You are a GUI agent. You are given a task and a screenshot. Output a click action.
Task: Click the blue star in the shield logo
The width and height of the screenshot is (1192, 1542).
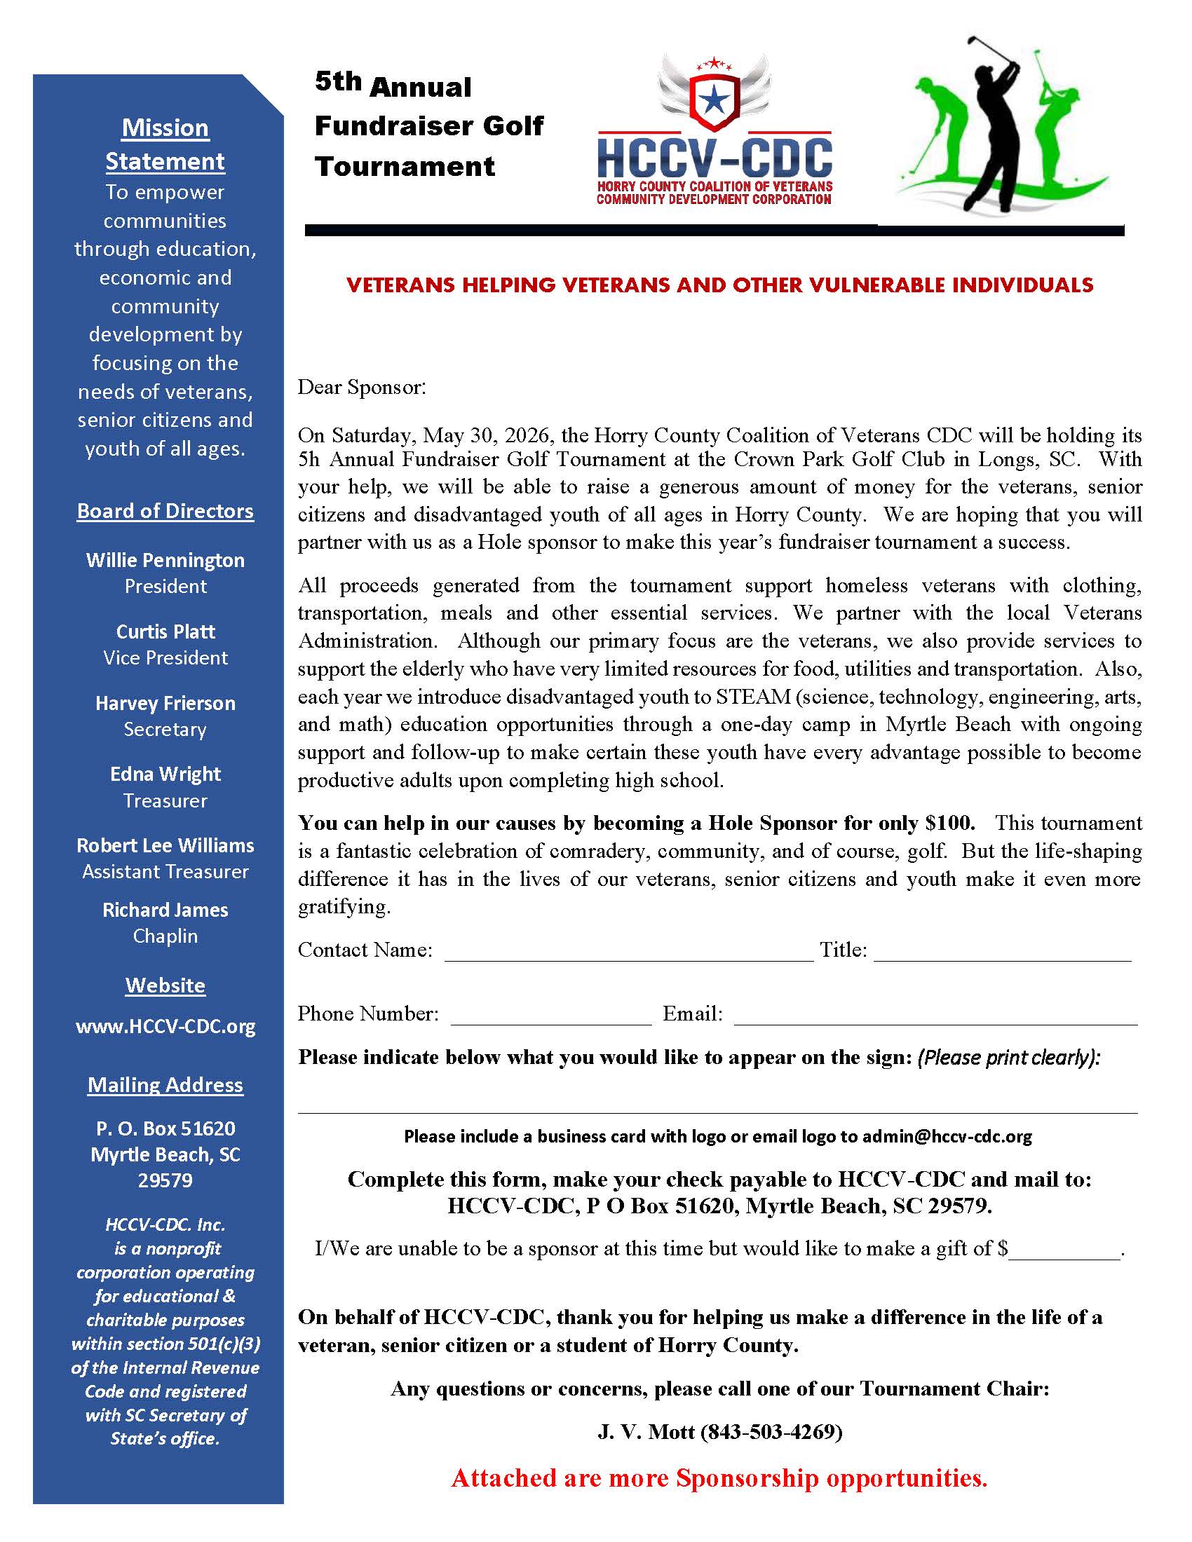[714, 100]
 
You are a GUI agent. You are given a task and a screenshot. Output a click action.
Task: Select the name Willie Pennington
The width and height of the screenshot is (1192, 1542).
[165, 560]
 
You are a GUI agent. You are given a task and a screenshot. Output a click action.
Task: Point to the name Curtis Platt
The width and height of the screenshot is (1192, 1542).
[165, 632]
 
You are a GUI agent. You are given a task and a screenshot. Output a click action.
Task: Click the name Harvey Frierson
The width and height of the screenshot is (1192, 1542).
[165, 703]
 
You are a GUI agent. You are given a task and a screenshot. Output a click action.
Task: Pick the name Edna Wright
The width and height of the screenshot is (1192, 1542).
[165, 774]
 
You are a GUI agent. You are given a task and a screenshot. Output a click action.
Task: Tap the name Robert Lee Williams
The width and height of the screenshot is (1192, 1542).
[165, 845]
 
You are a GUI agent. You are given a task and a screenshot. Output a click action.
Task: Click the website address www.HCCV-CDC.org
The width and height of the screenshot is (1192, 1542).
[165, 1026]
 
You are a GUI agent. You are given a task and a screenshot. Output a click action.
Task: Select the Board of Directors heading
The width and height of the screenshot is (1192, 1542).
[165, 510]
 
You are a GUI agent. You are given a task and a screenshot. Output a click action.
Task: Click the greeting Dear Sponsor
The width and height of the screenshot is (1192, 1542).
[362, 387]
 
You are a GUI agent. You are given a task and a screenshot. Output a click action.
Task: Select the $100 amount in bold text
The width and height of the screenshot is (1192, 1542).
[950, 823]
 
